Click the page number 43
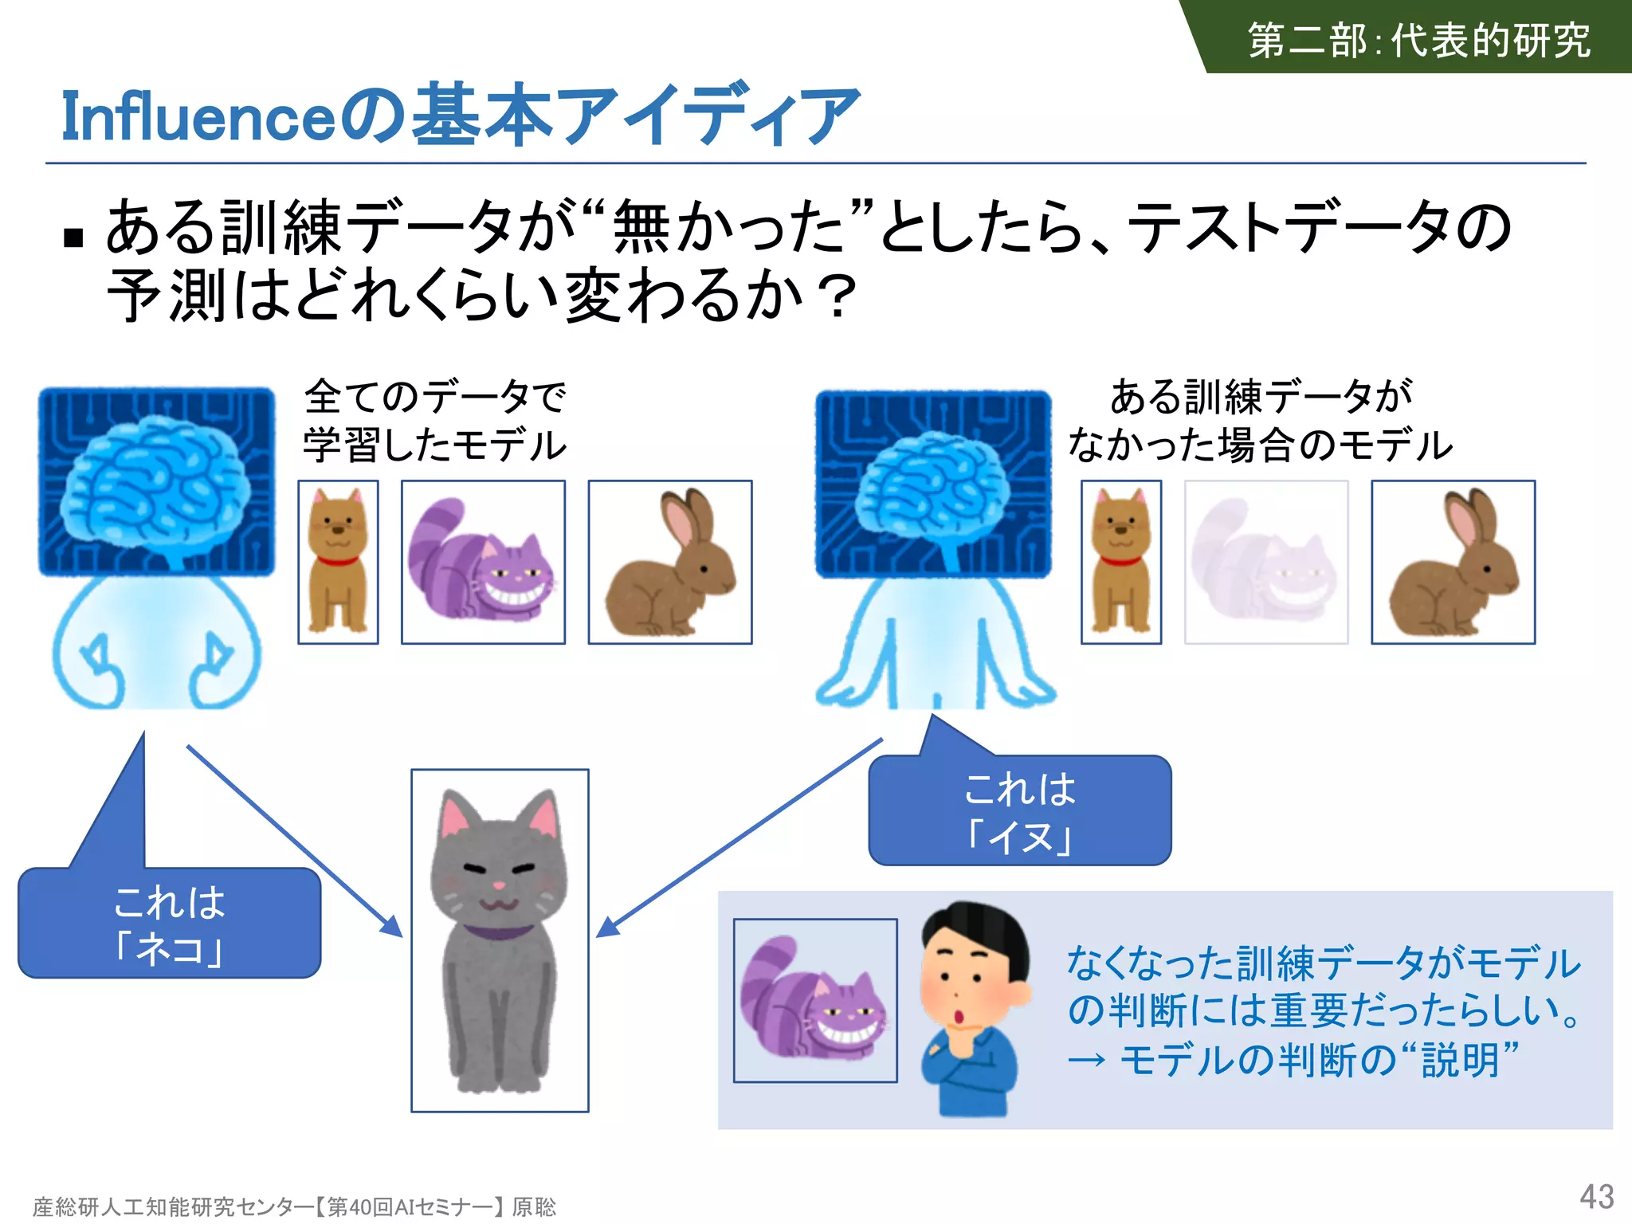(x=1596, y=1196)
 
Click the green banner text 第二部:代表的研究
(x=1418, y=40)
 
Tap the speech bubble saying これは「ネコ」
(x=169, y=924)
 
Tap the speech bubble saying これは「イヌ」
(x=1019, y=811)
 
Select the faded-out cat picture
(x=1266, y=562)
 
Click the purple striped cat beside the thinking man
(x=814, y=1000)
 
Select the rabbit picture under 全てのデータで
(x=669, y=562)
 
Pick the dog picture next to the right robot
(x=1120, y=562)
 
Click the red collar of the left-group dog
(x=338, y=562)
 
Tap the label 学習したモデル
(x=434, y=445)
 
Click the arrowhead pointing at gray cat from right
(x=607, y=928)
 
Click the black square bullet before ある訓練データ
(x=73, y=237)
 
